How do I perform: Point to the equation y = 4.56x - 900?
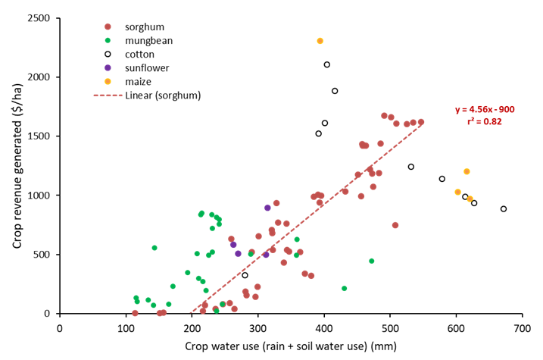[x=485, y=109]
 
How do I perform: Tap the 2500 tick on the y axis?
[x=39, y=18]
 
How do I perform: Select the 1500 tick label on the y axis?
[x=39, y=136]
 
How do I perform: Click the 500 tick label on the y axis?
[x=42, y=254]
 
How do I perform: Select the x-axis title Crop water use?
[x=290, y=346]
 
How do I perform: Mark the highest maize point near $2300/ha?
[x=320, y=41]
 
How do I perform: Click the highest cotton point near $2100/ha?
[x=326, y=65]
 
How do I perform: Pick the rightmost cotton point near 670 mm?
[x=504, y=209]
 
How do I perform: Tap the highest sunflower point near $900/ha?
[x=267, y=208]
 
